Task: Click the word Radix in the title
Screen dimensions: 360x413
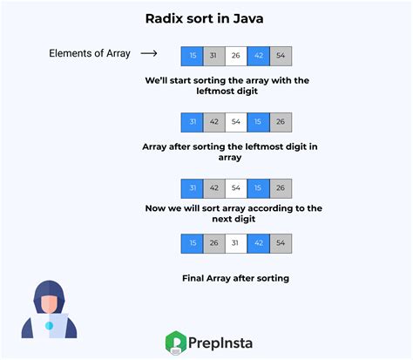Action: tap(164, 19)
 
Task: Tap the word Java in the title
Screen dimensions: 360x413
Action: tap(248, 19)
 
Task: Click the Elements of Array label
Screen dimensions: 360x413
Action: tap(89, 54)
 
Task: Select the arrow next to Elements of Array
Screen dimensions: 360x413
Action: tap(149, 54)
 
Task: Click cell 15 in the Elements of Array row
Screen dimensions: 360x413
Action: tap(192, 56)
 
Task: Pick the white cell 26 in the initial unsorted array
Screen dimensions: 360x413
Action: tap(236, 56)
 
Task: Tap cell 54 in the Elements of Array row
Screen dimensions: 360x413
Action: tap(281, 56)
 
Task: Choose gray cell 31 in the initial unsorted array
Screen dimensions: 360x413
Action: tap(213, 56)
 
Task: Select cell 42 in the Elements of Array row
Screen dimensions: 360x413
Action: tap(259, 56)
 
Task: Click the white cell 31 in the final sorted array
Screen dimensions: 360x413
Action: tap(236, 244)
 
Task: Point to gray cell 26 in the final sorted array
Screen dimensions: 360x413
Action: tap(213, 244)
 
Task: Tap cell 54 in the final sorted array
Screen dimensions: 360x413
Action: tap(281, 244)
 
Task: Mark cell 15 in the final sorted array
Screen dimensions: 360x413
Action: tap(192, 244)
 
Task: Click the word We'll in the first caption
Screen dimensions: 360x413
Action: tap(158, 80)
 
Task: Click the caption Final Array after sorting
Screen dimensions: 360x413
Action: tap(235, 279)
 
